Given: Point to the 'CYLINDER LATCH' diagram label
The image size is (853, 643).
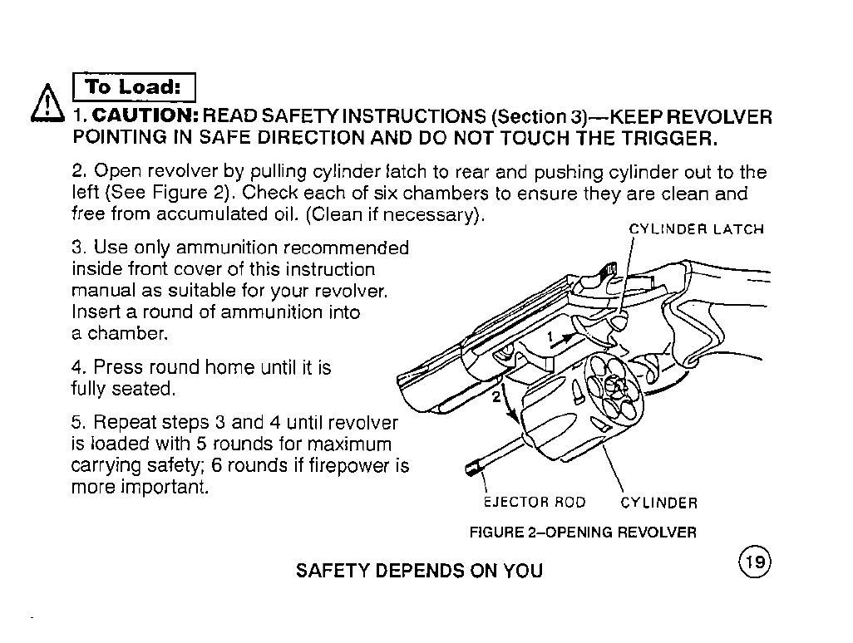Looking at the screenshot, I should point(696,229).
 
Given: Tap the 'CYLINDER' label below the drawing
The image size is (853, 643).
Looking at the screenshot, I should point(658,503).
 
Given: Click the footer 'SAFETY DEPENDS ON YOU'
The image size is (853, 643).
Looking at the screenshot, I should point(419,571).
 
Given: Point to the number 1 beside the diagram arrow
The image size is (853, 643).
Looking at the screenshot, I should point(550,335).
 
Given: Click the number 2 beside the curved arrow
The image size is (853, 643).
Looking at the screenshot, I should point(496,395).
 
